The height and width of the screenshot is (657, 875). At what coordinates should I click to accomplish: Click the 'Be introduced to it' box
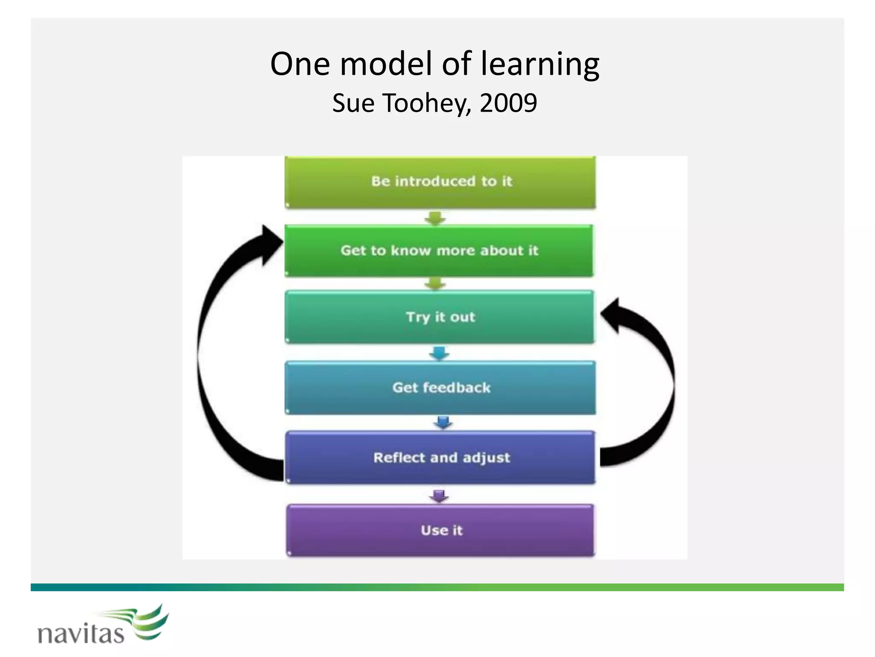click(x=440, y=182)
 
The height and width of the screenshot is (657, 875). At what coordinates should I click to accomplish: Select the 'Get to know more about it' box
click(x=439, y=251)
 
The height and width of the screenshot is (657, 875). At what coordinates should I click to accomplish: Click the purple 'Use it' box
click(x=441, y=530)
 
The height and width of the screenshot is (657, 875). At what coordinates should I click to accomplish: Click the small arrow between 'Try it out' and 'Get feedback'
click(x=439, y=353)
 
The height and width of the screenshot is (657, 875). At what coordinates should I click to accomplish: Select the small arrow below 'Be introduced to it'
click(x=435, y=218)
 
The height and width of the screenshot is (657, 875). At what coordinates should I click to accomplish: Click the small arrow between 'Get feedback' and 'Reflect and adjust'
click(x=443, y=423)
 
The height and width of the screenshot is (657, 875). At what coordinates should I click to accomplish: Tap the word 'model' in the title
click(x=386, y=64)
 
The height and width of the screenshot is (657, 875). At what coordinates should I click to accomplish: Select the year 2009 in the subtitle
click(x=508, y=103)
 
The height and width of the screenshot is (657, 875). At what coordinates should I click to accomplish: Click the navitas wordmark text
click(x=81, y=633)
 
